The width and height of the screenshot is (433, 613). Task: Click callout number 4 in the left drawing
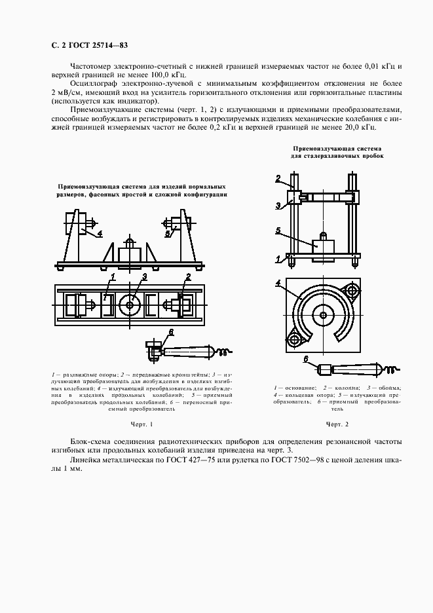tap(100, 232)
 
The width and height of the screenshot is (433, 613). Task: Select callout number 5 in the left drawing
tap(167, 232)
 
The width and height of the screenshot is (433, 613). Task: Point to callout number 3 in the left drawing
tap(143, 276)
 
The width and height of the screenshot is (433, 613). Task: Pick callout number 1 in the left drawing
tap(112, 277)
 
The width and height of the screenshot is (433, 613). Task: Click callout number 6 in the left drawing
tap(171, 333)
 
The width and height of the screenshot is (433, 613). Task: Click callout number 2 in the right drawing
tap(278, 178)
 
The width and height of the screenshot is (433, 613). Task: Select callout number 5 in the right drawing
tap(278, 231)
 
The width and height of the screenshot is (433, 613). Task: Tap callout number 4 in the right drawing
tap(278, 283)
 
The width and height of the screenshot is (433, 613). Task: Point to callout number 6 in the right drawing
tap(305, 358)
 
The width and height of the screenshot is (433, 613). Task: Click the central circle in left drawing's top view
tap(131, 305)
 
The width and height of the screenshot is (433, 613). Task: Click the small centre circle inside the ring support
tap(324, 316)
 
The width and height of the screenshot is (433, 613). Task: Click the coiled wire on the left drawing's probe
tap(223, 352)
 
